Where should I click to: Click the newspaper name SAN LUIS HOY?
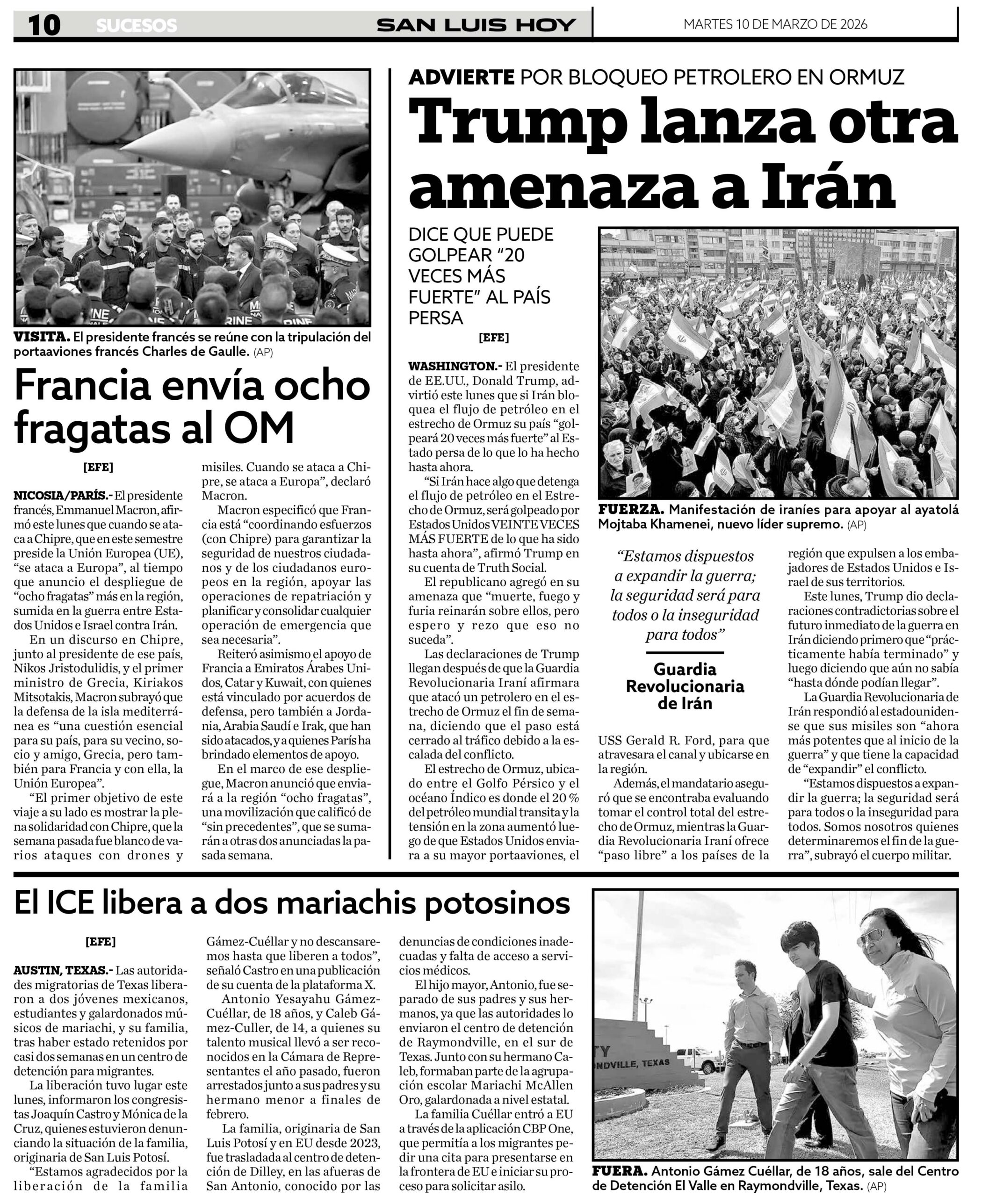476,25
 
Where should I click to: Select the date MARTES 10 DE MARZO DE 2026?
775,24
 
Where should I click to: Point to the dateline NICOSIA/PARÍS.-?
63,495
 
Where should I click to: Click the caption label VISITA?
42,337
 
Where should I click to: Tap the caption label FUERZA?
630,509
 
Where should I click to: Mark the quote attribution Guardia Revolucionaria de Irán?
685,686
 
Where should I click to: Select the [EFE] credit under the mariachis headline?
101,942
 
